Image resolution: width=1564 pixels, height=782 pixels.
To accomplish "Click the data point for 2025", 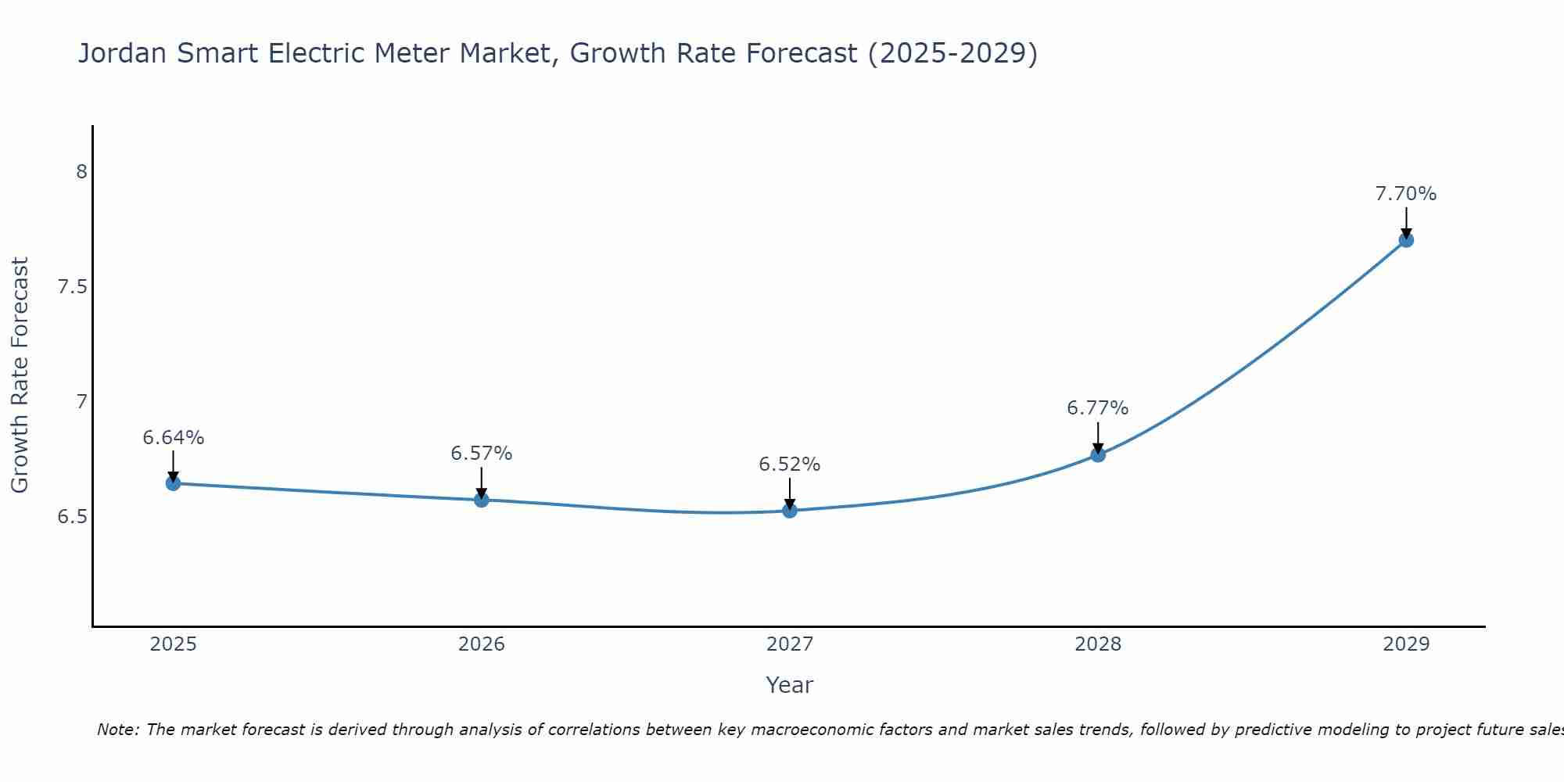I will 174,483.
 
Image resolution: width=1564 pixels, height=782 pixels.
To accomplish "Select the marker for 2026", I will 482,500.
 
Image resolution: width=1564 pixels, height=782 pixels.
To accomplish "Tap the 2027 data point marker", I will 790,511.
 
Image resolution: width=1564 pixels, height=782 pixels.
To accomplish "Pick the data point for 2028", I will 1098,454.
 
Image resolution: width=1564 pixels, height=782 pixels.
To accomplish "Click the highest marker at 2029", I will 1406,240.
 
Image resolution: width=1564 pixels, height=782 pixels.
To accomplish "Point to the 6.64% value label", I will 174,438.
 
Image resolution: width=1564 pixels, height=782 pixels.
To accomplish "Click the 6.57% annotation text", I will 482,454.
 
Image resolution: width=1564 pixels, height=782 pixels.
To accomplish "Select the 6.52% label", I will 790,465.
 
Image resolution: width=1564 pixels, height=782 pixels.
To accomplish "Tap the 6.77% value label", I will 1098,408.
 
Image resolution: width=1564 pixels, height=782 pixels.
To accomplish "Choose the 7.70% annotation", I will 1406,194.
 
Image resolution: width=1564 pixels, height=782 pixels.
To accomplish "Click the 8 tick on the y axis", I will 81,171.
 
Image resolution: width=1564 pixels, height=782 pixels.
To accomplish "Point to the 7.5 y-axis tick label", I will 73,287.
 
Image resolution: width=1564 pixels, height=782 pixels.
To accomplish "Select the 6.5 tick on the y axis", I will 73,517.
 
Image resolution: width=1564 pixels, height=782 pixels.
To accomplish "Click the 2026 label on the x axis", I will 482,644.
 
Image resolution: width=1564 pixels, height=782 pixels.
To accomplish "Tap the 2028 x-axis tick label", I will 1098,644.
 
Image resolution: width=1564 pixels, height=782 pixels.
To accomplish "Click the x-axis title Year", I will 790,685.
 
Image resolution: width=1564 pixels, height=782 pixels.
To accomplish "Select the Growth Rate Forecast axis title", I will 20,375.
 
